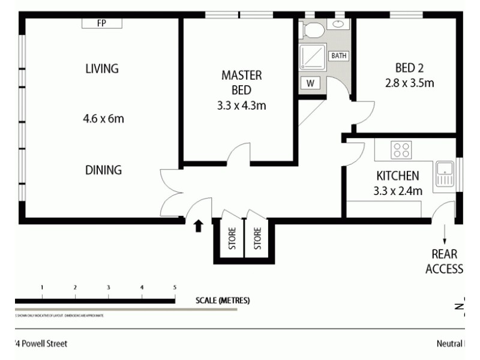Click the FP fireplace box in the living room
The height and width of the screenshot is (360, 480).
tap(102, 23)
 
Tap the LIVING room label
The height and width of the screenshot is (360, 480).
tap(102, 68)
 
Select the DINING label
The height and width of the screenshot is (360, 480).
tap(103, 170)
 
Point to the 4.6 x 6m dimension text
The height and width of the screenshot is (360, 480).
tap(103, 119)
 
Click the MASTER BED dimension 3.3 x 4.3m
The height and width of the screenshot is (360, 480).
tap(242, 106)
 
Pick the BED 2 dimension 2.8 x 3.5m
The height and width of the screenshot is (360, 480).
tap(409, 83)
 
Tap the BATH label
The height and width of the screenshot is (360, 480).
tap(339, 56)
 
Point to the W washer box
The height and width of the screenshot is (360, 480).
tap(310, 83)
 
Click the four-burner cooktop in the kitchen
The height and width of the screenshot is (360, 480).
tap(400, 150)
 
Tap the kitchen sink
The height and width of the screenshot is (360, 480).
tap(444, 173)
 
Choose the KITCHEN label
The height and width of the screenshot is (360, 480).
tap(397, 176)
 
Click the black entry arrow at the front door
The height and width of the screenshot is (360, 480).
tap(199, 226)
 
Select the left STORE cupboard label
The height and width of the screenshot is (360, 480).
tap(232, 238)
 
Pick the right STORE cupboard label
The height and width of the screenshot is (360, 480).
tap(257, 238)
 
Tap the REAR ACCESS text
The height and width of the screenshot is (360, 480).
tap(444, 262)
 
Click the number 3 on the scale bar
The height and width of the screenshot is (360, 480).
tap(109, 287)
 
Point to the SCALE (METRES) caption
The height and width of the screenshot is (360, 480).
tap(223, 301)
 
